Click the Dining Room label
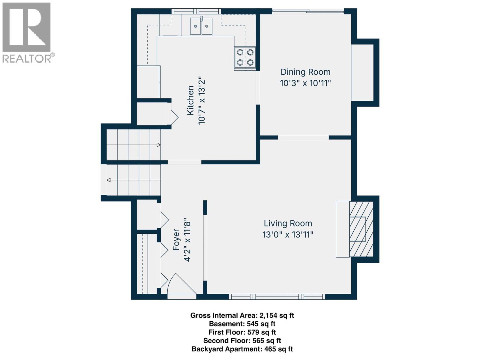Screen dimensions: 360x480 (305, 72)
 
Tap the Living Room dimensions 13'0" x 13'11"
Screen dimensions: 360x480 (288, 235)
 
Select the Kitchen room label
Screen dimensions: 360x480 (190, 100)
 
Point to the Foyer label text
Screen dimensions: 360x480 (176, 240)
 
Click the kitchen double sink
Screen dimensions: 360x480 (201, 26)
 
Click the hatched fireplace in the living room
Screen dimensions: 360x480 (361, 229)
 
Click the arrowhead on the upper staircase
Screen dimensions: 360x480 (158, 145)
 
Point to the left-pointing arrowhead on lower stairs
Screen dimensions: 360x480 (109, 180)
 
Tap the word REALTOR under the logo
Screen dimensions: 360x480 (27, 58)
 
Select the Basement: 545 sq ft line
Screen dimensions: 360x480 (242, 324)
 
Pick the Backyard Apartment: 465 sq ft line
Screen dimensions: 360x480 (242, 349)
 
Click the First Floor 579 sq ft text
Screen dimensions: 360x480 (242, 332)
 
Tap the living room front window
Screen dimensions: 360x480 (277, 297)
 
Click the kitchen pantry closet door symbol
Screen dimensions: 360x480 (174, 116)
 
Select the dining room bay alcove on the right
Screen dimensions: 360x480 (363, 73)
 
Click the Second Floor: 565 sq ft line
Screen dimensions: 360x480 (242, 340)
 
